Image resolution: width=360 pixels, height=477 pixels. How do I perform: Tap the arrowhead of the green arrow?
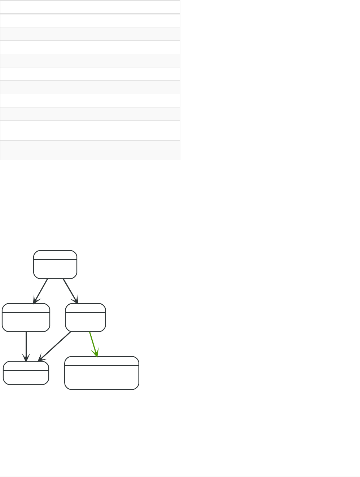click(x=97, y=354)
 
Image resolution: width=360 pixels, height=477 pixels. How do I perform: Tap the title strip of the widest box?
click(x=102, y=361)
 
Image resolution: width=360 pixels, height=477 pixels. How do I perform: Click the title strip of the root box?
click(x=55, y=255)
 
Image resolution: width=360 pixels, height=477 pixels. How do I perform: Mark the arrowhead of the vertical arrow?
click(x=26, y=359)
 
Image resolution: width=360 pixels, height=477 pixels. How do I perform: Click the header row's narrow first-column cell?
click(x=30, y=7)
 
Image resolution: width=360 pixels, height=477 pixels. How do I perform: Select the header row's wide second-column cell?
click(x=120, y=7)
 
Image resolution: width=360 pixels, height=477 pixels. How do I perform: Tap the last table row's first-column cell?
click(x=30, y=150)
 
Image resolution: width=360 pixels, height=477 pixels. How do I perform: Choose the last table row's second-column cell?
click(x=120, y=150)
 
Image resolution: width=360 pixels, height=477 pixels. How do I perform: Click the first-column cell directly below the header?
click(x=30, y=21)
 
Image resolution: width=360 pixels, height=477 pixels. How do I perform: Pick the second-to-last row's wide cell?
click(x=120, y=130)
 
